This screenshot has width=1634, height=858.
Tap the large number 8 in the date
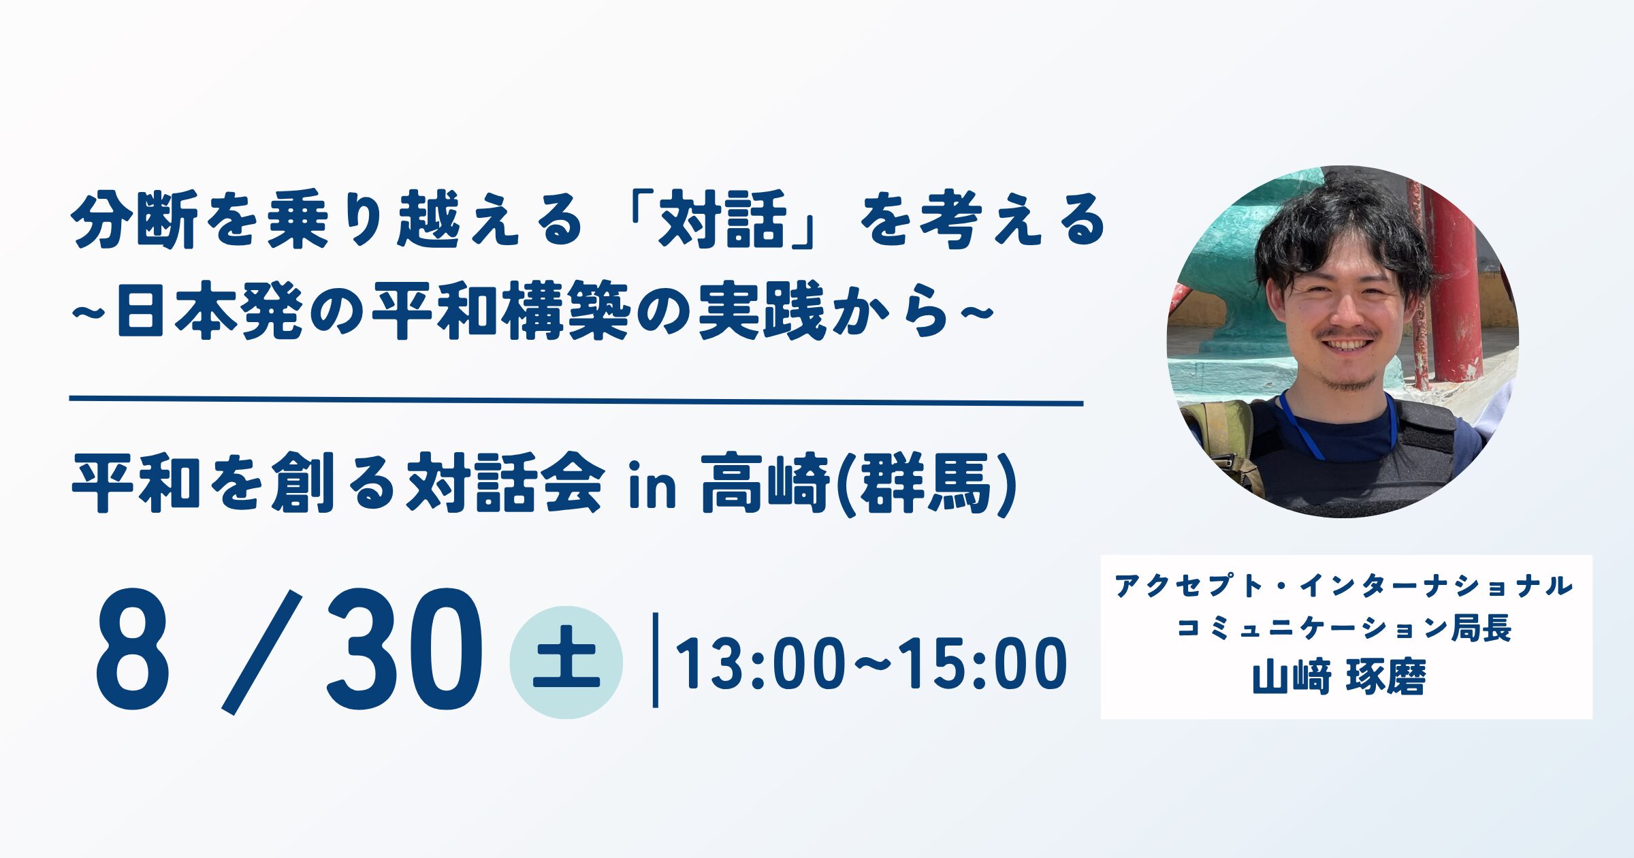coord(133,650)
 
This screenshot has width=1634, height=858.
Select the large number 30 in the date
coord(404,650)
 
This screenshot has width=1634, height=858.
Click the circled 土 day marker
coord(566,662)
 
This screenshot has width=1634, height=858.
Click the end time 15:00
coord(984,664)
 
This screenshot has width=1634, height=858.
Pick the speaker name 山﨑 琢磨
coord(1339,678)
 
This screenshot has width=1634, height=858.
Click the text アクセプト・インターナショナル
coord(1344,586)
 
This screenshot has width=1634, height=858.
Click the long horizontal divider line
coord(576,402)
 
